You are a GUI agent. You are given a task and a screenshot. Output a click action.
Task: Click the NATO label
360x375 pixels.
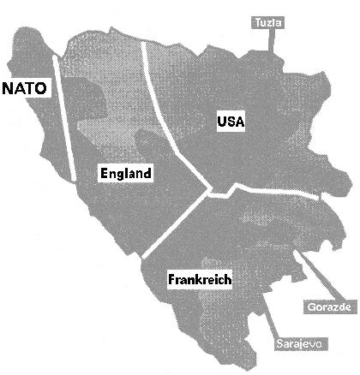click(x=26, y=86)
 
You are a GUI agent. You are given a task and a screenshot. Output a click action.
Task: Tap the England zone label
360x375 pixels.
click(x=125, y=174)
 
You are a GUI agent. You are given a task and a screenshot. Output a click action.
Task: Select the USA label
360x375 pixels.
click(x=231, y=122)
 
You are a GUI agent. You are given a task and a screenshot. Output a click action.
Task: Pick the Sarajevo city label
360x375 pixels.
click(x=299, y=344)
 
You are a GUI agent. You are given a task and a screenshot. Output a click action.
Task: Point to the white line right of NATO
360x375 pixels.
click(x=64, y=120)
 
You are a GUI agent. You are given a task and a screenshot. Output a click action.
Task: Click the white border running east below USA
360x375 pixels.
click(x=266, y=188)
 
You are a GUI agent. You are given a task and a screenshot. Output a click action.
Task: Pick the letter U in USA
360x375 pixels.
click(x=221, y=122)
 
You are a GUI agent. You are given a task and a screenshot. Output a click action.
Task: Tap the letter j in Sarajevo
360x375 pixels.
click(x=300, y=344)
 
